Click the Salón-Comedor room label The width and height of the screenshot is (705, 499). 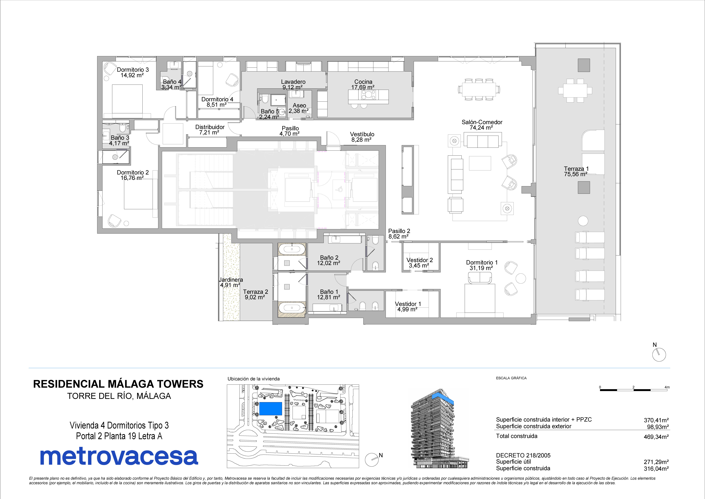point(482,122)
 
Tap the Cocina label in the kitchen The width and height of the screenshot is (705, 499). point(363,82)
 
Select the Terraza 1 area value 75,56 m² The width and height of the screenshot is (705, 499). point(576,174)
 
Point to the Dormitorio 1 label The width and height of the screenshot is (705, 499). point(481,262)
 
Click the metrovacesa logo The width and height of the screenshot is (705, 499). point(119,457)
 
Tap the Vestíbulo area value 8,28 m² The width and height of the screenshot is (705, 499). point(362,140)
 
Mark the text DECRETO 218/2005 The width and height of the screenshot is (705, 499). point(523,455)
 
